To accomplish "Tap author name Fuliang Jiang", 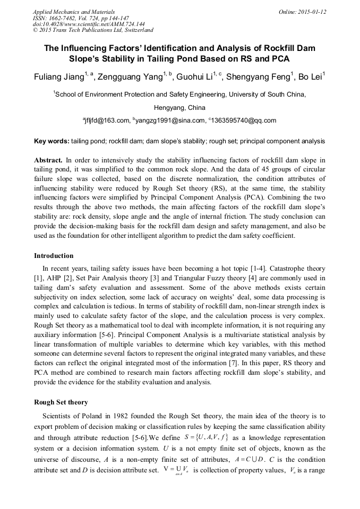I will (57, 77).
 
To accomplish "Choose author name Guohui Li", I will (196, 77).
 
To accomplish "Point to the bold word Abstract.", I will (48, 160).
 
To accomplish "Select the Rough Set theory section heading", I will (61, 402).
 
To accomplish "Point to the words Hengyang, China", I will (179, 107).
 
